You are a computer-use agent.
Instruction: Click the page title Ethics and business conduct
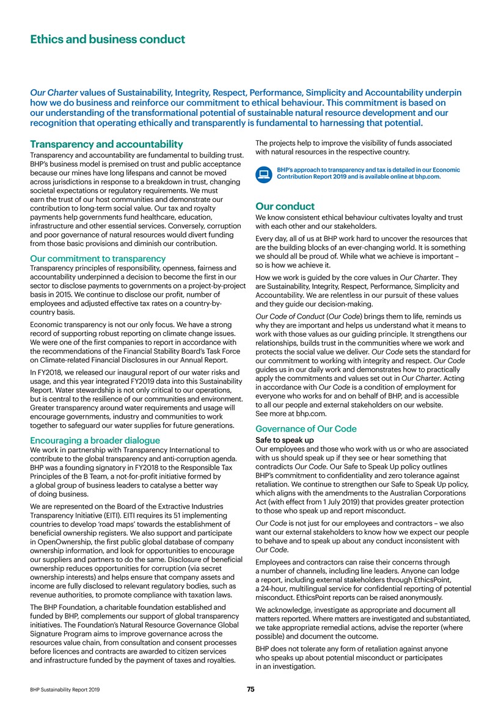click(108, 40)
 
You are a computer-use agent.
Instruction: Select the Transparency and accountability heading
click(106, 144)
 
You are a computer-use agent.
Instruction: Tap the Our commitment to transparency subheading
click(98, 258)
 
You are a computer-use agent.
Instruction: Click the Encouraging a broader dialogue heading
click(95, 440)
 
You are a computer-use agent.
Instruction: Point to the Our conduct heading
click(285, 206)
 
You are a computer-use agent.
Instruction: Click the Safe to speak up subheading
click(284, 440)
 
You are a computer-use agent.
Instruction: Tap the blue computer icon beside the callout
click(264, 173)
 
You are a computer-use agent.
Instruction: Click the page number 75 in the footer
click(250, 689)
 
